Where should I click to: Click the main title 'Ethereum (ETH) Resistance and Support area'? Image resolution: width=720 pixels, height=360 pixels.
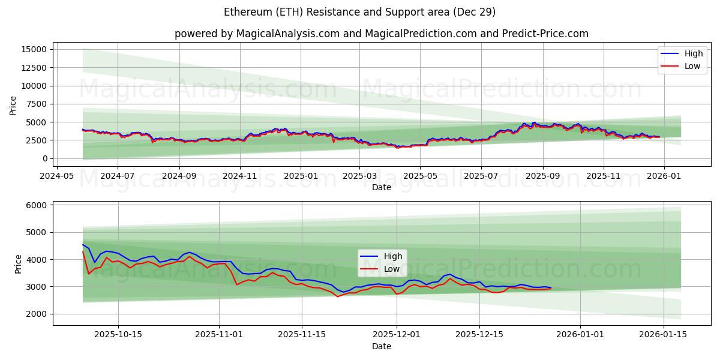(x=360, y=12)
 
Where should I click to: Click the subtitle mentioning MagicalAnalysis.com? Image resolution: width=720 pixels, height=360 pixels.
(x=382, y=34)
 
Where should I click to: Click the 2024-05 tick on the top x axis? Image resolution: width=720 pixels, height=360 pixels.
(x=57, y=176)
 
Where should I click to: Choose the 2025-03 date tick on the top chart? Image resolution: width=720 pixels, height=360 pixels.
(x=359, y=176)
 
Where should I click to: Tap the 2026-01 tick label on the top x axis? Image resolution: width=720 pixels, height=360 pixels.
(x=665, y=176)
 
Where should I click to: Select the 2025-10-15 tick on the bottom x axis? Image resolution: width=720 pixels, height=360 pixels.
(x=118, y=335)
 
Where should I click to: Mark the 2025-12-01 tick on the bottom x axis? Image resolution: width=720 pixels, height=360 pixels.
(x=396, y=335)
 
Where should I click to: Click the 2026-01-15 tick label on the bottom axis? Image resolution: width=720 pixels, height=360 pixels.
(x=664, y=335)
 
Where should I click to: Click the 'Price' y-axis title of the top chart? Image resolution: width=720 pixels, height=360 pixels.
(x=13, y=105)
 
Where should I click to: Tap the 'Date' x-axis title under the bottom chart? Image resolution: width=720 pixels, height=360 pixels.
(x=382, y=347)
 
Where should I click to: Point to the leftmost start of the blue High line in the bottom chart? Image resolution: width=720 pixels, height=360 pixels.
(x=83, y=244)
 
